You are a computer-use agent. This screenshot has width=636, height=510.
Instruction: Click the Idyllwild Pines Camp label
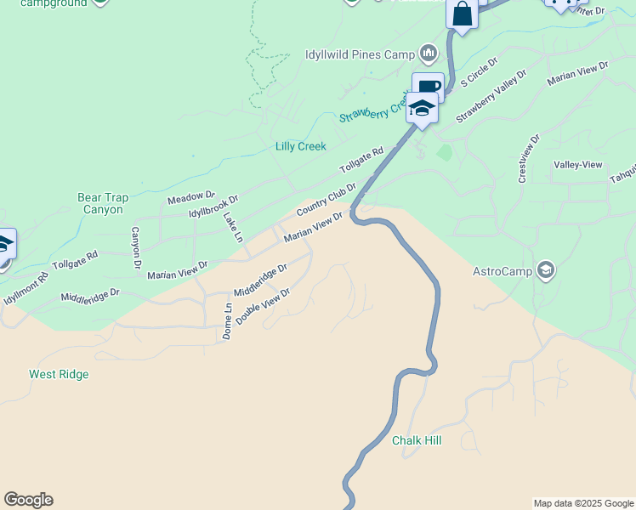[359, 54]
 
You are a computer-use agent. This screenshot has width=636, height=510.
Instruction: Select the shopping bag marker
[462, 14]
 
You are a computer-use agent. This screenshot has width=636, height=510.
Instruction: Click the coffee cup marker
[429, 87]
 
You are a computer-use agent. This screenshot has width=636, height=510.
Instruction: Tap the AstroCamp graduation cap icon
[545, 271]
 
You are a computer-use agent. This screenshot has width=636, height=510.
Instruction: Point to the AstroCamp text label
[502, 272]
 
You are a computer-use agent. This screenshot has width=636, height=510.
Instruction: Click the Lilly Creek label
[300, 146]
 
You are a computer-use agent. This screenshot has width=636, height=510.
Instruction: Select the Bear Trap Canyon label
[103, 203]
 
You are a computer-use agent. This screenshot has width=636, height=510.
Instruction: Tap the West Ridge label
[59, 374]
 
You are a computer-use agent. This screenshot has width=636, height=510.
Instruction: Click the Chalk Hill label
[417, 441]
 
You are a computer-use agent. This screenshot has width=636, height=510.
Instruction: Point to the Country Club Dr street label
[326, 199]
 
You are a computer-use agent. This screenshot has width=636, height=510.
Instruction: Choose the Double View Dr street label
[263, 306]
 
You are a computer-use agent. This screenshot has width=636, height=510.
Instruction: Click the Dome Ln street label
[227, 321]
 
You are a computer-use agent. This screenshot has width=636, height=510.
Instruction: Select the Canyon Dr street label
[135, 249]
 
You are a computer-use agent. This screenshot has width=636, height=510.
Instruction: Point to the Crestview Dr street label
[528, 158]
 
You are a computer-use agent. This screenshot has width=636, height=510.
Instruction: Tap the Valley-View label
[578, 164]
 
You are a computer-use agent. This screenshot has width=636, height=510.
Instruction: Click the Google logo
[28, 500]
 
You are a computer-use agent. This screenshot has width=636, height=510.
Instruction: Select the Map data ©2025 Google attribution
[582, 503]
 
